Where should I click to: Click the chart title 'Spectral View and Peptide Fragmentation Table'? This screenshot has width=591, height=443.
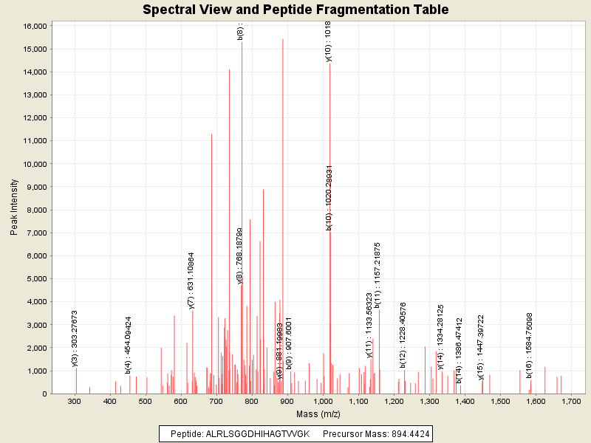(295, 10)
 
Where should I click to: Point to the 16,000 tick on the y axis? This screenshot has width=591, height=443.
(36, 26)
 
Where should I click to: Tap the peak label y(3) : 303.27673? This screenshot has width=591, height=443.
(75, 338)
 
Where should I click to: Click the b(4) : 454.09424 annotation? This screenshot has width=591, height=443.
(129, 345)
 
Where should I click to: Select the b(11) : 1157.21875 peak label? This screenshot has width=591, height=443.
(378, 275)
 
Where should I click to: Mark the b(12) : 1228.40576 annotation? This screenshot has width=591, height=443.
(403, 334)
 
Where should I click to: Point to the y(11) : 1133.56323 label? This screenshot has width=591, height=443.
(369, 325)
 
